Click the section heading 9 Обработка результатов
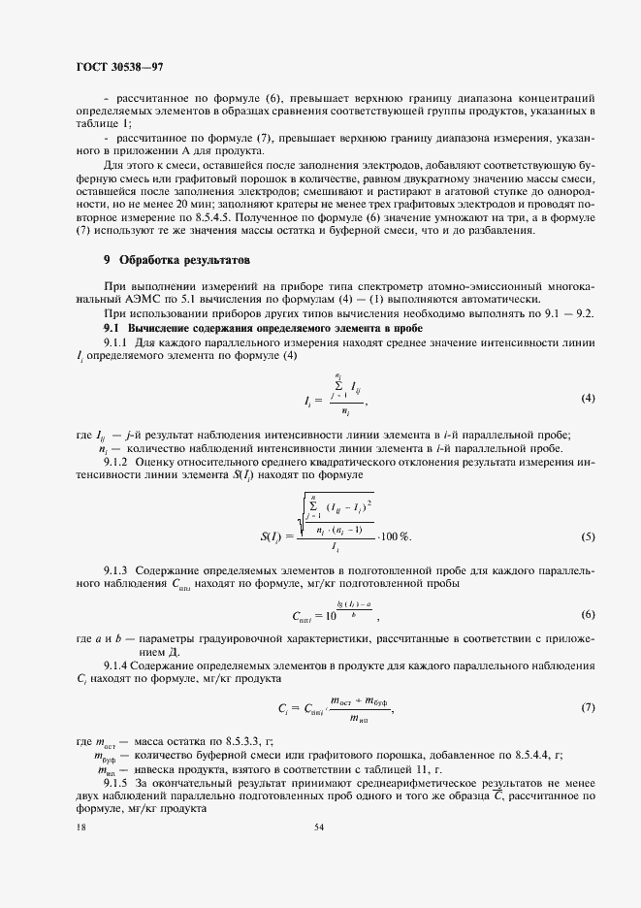click(x=176, y=261)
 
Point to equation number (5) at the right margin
click(x=587, y=536)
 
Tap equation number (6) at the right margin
click(x=587, y=615)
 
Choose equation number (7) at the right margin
click(x=587, y=707)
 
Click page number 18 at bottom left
click(x=79, y=827)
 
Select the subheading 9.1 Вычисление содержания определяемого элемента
click(x=225, y=330)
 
